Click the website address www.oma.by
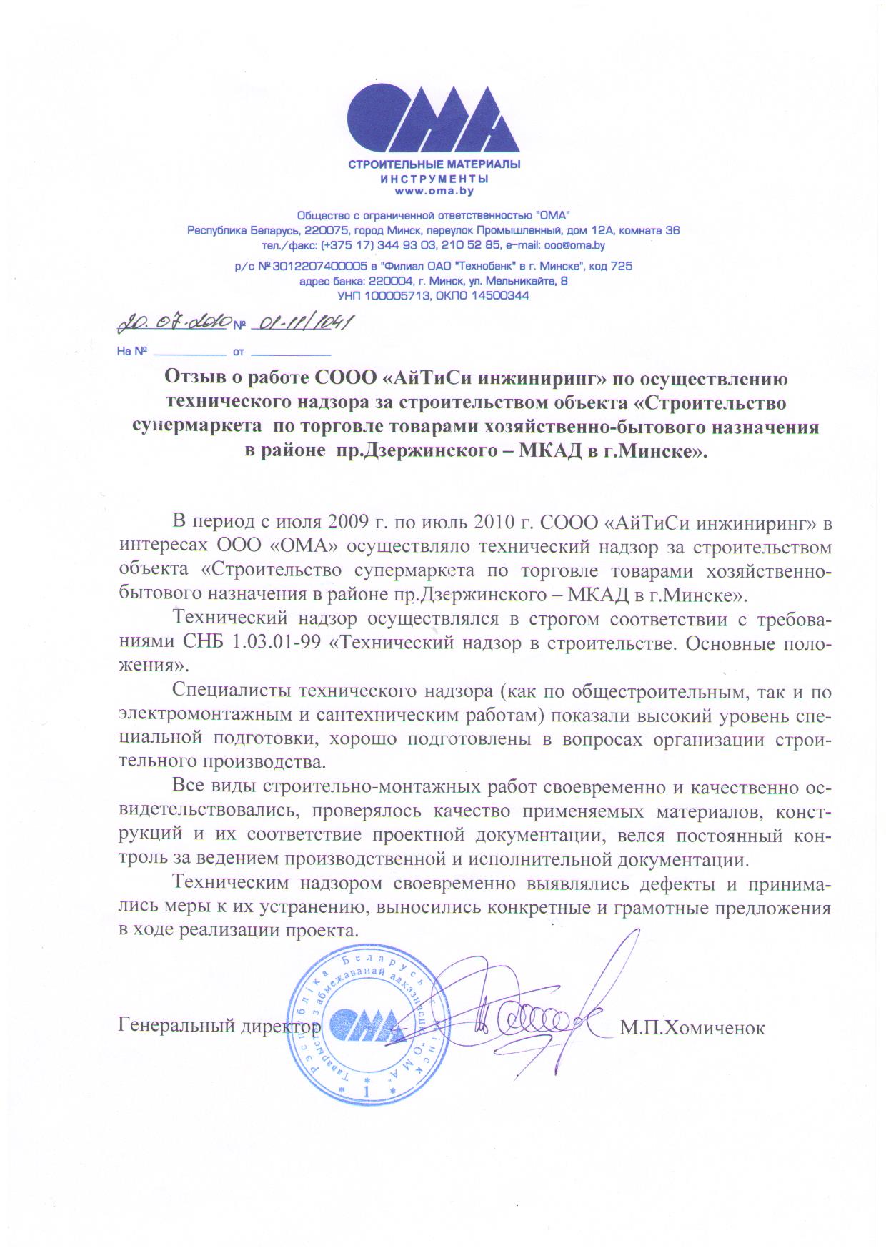(434, 191)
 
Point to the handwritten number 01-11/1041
(301, 324)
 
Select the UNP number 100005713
(397, 295)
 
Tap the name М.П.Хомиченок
(692, 1028)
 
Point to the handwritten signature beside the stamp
(536, 1015)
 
